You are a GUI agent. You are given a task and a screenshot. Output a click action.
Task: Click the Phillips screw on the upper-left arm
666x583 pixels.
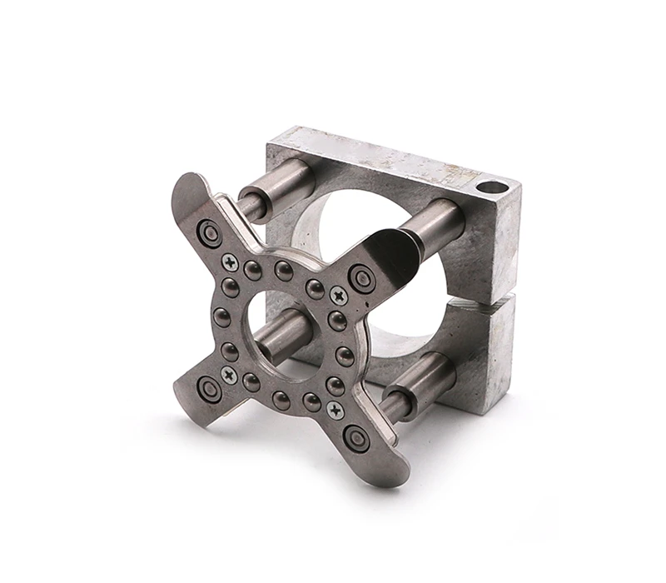[231, 262]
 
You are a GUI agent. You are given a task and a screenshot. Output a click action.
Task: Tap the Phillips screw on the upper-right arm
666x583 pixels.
[338, 296]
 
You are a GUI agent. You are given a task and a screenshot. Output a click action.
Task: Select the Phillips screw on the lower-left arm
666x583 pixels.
[229, 376]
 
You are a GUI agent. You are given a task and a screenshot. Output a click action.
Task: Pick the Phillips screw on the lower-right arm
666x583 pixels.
[335, 410]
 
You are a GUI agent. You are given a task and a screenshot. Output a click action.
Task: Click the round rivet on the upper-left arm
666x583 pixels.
[208, 232]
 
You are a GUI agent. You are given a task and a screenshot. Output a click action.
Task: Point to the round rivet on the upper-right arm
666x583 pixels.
[362, 277]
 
